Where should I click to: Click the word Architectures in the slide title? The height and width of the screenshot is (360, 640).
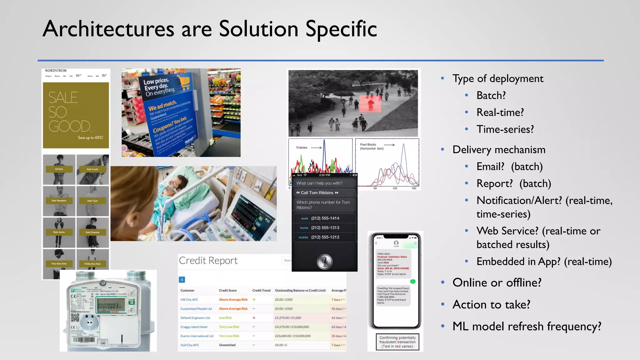(108, 29)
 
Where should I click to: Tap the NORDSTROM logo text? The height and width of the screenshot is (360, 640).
(56, 71)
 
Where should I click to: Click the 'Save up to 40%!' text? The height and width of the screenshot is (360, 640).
(90, 137)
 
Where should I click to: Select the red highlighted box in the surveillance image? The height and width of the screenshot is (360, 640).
(370, 104)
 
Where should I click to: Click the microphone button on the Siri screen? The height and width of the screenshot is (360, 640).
(325, 262)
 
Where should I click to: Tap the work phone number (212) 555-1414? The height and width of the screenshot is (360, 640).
(325, 218)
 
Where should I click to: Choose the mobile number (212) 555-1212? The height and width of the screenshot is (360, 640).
(325, 237)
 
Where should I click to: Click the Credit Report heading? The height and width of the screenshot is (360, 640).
(208, 261)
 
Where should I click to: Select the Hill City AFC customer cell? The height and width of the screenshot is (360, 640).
(189, 300)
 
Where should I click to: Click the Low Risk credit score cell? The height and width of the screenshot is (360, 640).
(225, 318)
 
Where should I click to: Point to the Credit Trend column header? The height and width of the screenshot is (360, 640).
(261, 291)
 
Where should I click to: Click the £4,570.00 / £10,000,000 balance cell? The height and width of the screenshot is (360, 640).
(292, 327)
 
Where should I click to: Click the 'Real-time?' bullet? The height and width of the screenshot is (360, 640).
(500, 112)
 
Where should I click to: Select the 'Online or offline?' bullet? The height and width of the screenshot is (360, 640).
(497, 282)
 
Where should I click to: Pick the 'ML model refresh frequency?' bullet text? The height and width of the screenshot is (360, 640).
(527, 326)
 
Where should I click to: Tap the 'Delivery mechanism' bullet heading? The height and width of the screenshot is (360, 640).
(499, 150)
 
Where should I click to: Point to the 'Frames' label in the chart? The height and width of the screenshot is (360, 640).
(302, 147)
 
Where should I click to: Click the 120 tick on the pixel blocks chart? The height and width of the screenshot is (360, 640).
(395, 188)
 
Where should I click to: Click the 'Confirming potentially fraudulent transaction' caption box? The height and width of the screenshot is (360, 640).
(397, 342)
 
